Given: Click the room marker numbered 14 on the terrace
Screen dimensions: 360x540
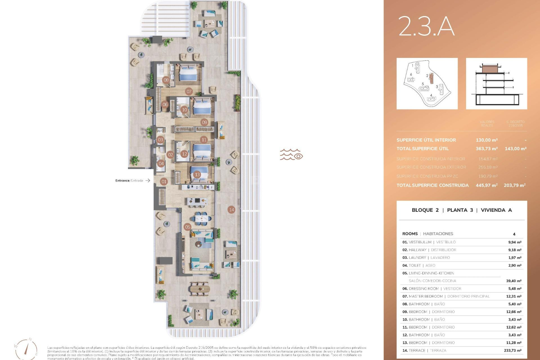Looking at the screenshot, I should (x=231, y=210).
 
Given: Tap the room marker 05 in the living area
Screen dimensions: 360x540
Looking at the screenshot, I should (x=188, y=227).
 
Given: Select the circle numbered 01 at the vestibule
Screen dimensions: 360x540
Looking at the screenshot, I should (x=164, y=182).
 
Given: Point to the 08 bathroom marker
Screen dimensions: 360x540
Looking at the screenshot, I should (x=166, y=80).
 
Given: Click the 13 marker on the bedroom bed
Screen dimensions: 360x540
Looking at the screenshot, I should (x=197, y=175).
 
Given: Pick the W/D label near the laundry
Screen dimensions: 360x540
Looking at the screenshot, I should (x=160, y=131).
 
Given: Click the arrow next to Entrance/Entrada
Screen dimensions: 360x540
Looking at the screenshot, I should (x=148, y=181).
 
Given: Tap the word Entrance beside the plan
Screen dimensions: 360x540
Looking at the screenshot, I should (x=122, y=181).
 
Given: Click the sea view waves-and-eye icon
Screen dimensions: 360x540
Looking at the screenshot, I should (x=291, y=155).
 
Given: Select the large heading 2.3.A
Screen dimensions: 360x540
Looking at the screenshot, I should (x=426, y=26).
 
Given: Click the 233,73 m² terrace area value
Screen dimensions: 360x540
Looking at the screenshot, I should (x=512, y=350).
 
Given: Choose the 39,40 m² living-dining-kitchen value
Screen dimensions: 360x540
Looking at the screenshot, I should (x=514, y=281).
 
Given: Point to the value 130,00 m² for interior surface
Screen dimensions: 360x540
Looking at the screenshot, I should (x=487, y=140).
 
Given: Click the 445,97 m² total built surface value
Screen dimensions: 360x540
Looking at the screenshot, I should (x=487, y=185).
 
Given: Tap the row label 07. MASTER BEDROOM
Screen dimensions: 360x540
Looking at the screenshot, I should (x=422, y=296).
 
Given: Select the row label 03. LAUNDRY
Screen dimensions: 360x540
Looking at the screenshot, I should (x=414, y=258).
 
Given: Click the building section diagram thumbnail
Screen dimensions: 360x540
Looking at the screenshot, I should (x=496, y=84).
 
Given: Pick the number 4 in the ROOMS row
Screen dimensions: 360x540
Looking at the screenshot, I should (x=514, y=234).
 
